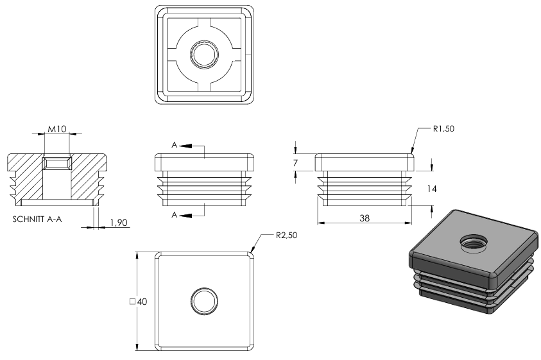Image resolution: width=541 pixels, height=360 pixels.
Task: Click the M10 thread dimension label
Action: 57,129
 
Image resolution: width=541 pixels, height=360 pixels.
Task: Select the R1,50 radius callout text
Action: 443,129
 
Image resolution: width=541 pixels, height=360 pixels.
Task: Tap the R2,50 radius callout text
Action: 286,236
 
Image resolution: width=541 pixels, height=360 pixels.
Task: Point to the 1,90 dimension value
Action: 119,223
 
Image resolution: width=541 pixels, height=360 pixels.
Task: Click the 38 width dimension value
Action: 365,218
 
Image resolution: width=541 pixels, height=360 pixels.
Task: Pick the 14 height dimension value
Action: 432,189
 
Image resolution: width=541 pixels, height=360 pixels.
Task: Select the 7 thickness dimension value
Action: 295,163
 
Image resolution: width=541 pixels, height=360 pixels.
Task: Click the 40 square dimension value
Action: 142,302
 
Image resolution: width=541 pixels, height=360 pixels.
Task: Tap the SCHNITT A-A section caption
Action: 37,219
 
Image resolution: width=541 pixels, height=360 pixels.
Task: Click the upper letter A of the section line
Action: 175,145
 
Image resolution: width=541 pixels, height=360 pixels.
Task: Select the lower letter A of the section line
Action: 175,215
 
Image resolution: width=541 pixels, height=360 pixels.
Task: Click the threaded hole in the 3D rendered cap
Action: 473,243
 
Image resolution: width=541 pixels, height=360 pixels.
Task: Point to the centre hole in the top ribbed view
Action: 204,54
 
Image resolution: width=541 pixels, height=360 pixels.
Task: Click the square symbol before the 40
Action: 132,302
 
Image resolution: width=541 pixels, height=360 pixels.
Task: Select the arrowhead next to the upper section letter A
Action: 185,146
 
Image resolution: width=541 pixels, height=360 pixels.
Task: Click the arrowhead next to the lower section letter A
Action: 185,216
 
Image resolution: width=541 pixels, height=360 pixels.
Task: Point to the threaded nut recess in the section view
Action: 57,163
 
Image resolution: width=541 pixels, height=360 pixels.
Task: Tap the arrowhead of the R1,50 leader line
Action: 411,151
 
